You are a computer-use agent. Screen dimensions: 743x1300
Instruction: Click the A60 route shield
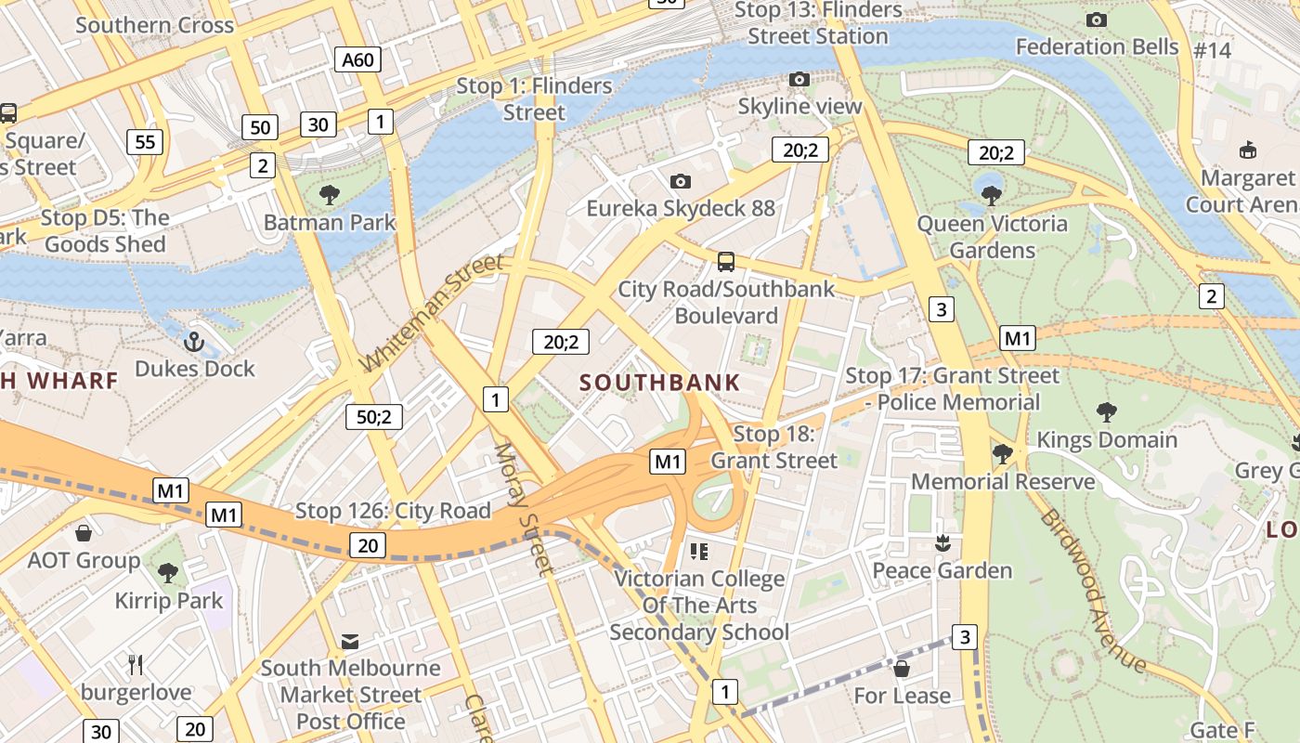pos(357,60)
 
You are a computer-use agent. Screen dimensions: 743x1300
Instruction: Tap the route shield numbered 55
pos(145,142)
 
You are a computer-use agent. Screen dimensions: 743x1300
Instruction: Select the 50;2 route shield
pos(373,417)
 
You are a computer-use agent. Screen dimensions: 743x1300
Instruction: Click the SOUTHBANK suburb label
pos(660,382)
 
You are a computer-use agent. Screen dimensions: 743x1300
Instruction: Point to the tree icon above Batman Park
pos(329,195)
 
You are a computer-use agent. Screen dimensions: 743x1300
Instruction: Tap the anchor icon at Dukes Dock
pos(194,342)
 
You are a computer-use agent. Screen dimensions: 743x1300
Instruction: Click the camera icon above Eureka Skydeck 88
pos(681,181)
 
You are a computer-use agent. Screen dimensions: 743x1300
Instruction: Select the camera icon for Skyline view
pos(799,80)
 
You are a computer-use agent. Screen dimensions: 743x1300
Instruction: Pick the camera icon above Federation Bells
pos(1096,20)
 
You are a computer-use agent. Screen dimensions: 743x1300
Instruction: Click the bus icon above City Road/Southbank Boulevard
pos(726,262)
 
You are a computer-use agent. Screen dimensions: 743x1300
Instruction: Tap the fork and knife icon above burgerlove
pos(136,664)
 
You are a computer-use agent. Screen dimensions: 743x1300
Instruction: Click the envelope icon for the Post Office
pos(350,641)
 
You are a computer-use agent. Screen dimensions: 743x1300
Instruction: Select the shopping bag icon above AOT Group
pos(84,533)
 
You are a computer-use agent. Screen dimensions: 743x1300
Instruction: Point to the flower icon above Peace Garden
pos(942,543)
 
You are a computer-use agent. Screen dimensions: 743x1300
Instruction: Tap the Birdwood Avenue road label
pos(1093,590)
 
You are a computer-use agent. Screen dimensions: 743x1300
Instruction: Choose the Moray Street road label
pos(523,508)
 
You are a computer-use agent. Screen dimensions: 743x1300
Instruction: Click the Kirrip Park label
pos(169,601)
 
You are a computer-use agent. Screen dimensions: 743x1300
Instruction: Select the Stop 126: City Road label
pos(393,511)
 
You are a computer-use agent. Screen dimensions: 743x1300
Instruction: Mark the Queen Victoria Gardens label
pos(992,237)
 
